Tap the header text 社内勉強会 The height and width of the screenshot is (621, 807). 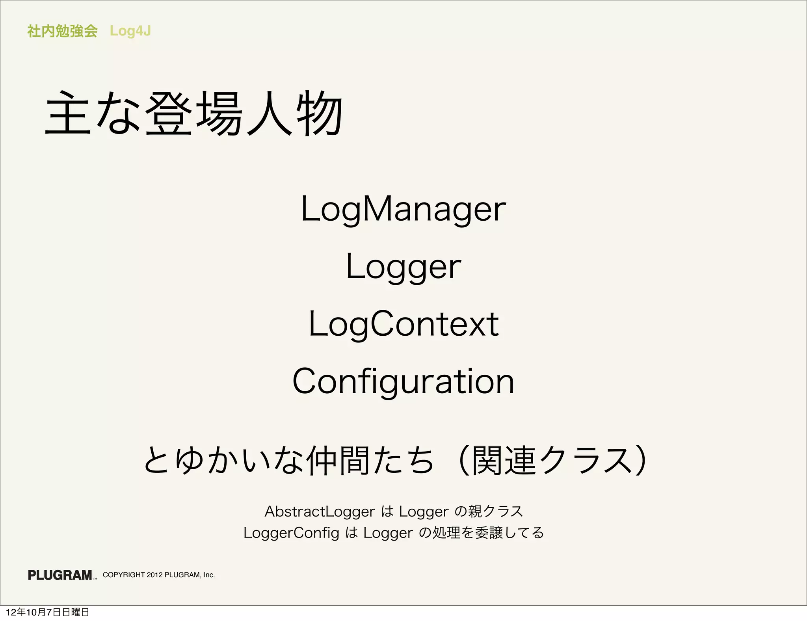click(x=62, y=31)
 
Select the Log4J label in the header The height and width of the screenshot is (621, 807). click(x=130, y=31)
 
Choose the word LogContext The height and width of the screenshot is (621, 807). click(x=403, y=324)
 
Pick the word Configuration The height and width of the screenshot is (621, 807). click(x=403, y=381)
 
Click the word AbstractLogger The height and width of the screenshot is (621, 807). click(x=319, y=511)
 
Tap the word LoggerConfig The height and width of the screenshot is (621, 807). click(x=291, y=533)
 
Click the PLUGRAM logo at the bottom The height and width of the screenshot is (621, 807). click(x=60, y=575)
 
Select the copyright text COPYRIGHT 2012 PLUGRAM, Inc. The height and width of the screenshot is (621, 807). click(x=159, y=575)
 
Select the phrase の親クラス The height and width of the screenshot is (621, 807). click(x=489, y=511)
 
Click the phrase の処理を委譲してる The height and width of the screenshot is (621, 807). click(x=481, y=533)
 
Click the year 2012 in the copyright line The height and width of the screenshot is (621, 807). click(x=154, y=575)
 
